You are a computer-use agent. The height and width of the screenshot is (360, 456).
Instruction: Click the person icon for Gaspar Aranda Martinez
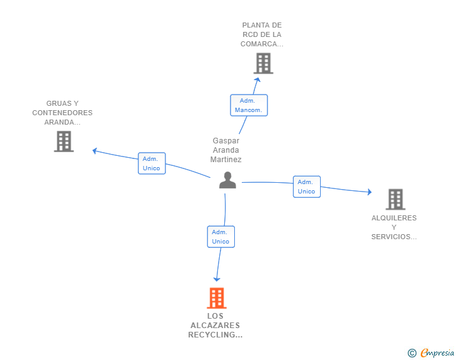coord(227,180)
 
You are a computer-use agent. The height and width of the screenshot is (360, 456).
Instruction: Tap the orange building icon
coord(217,298)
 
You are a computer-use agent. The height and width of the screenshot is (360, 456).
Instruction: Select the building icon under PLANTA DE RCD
coord(264,63)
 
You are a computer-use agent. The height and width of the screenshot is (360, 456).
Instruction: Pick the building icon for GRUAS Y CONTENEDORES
coord(64,141)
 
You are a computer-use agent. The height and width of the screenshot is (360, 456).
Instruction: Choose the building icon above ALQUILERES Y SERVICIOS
coord(395,200)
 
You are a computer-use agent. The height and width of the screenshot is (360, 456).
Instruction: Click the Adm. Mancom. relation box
coord(249,105)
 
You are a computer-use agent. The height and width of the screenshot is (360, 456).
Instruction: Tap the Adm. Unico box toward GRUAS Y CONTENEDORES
coord(152,163)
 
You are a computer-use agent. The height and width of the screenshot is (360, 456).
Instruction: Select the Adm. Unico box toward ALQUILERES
coord(307,187)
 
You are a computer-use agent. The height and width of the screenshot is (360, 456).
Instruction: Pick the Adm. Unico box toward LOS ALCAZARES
coord(221,237)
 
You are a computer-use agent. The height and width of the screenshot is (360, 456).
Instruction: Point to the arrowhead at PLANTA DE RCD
coord(257,80)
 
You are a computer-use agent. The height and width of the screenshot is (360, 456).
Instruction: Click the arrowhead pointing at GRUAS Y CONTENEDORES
coord(95,151)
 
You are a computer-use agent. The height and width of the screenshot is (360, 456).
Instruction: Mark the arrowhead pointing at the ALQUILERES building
coord(370,192)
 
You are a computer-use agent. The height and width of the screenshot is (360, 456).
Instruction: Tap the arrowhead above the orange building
coord(217,279)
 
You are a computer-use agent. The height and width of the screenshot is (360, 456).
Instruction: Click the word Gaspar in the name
coord(226,141)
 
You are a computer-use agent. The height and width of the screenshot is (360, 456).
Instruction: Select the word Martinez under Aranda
coord(226,160)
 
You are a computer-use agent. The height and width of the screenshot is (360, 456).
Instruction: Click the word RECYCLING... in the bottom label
coord(215,335)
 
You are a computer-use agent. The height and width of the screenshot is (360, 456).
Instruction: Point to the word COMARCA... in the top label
coord(262,44)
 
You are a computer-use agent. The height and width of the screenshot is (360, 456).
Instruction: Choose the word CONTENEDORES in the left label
coord(62,113)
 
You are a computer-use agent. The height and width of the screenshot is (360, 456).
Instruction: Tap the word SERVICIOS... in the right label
coord(394,237)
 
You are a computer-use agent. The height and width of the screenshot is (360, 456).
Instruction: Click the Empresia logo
coord(431,352)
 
